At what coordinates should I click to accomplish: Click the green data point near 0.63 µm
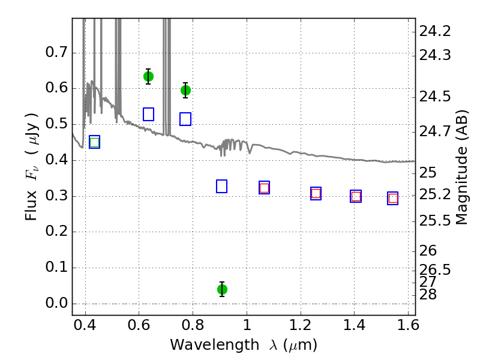148,76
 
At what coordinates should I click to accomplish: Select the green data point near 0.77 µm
185,90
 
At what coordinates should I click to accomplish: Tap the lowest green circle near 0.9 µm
222,289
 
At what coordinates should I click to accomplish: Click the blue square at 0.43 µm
94,142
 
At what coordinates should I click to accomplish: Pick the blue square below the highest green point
148,114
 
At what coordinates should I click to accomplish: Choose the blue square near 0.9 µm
221,186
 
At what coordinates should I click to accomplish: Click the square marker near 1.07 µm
264,188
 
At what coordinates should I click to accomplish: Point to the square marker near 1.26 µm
316,193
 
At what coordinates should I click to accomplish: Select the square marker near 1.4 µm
356,196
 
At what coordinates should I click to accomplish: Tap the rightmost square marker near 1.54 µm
393,198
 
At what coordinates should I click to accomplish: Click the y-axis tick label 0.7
58,52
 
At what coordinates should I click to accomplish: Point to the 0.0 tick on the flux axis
58,304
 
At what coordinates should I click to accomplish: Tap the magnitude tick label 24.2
436,31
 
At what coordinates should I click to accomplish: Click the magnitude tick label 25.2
436,194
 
